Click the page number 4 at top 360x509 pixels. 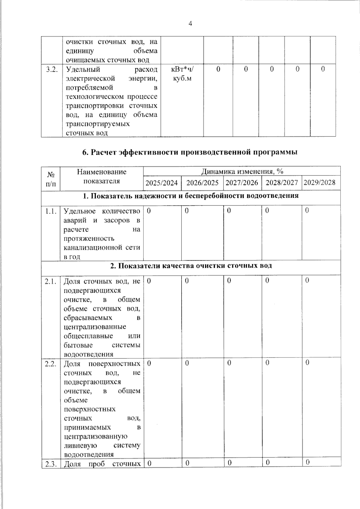[190, 24]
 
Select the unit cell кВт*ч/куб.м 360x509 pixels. [182, 74]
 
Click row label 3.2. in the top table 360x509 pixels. [52, 69]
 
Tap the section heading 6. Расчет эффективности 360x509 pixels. [190, 152]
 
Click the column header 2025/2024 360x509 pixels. [162, 183]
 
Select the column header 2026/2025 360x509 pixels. [202, 183]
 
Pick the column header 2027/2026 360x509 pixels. [242, 183]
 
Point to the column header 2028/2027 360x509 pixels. [282, 183]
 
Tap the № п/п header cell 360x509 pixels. [51, 178]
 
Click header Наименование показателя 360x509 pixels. [102, 176]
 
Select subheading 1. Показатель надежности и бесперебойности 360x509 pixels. [190, 196]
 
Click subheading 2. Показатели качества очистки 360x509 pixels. [191, 266]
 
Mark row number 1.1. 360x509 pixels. [51, 211]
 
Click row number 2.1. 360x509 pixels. [51, 281]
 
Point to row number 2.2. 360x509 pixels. [51, 364]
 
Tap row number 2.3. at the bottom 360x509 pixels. [51, 464]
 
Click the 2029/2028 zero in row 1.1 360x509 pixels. [307, 211]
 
